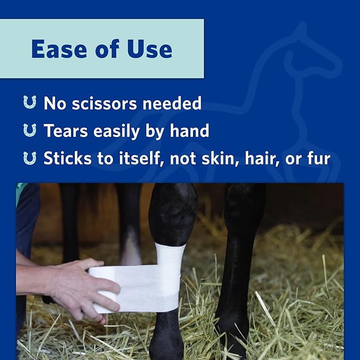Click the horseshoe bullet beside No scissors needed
(x=30, y=103)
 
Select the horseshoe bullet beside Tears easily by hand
(x=30, y=130)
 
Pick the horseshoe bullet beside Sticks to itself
(x=30, y=158)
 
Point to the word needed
(x=172, y=103)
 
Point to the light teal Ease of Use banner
(x=102, y=49)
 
